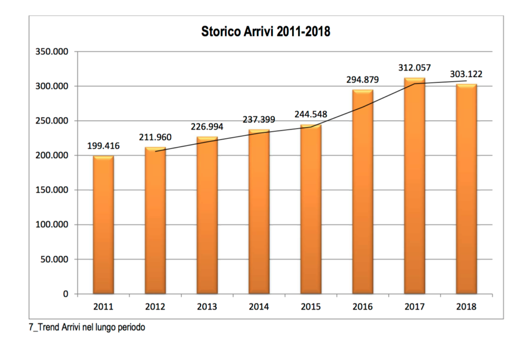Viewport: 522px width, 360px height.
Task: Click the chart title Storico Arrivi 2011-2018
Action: click(x=266, y=32)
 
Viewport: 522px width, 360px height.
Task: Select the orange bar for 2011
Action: click(x=103, y=224)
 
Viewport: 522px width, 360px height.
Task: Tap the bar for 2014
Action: click(x=259, y=212)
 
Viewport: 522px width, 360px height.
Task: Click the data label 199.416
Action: click(x=103, y=146)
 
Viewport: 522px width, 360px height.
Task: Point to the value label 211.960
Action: click(x=155, y=137)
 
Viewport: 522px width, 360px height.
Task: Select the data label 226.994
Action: click(x=207, y=127)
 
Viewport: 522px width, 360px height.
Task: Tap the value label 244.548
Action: click(x=310, y=115)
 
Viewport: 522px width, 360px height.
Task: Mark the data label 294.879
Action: click(x=362, y=80)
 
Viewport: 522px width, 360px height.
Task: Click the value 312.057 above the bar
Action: click(x=414, y=68)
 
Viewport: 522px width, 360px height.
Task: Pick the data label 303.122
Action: click(x=466, y=74)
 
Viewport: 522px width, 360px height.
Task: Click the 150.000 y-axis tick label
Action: click(x=53, y=190)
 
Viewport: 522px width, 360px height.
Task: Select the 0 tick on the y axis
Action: click(x=66, y=294)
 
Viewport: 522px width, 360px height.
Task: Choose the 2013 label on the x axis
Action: click(x=207, y=307)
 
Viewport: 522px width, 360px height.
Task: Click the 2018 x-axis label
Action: click(x=466, y=307)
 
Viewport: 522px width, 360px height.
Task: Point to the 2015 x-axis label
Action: click(x=310, y=307)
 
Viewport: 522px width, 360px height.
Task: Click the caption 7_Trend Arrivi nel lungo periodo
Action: click(x=87, y=328)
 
